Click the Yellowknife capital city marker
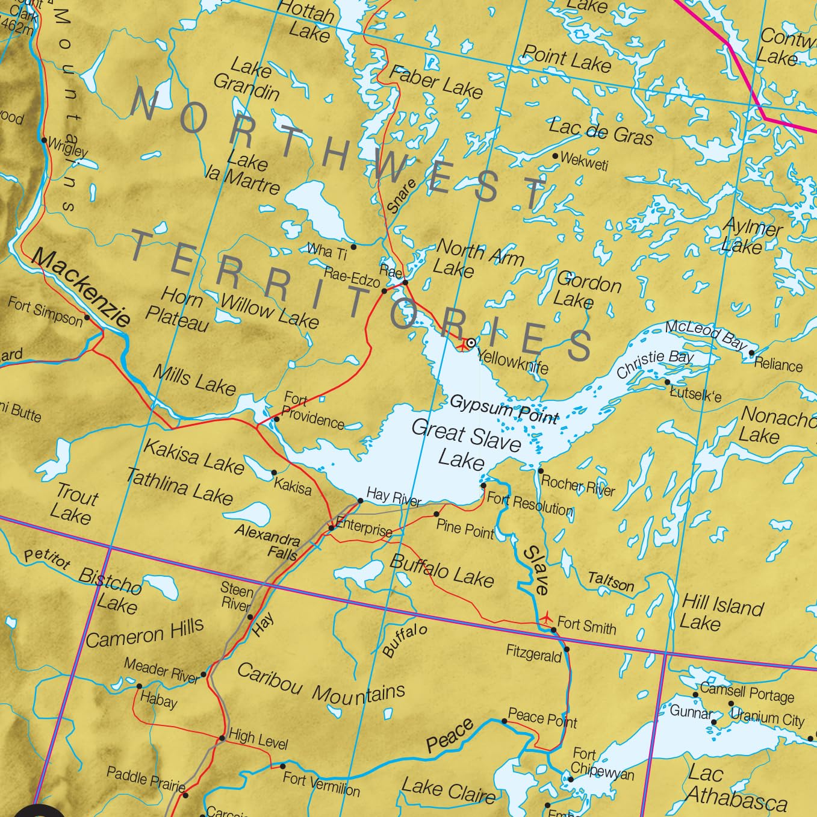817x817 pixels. [x=471, y=343]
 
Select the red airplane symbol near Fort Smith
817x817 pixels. [x=547, y=617]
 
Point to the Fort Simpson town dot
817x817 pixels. [x=87, y=317]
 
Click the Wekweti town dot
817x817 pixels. [x=555, y=156]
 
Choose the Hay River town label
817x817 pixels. [x=394, y=497]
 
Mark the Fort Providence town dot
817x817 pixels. [x=276, y=419]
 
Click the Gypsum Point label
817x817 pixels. [x=504, y=409]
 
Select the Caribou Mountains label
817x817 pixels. [x=321, y=685]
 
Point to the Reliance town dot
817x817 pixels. [x=751, y=354]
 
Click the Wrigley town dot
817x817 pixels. [x=44, y=140]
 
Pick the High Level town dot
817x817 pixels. [x=222, y=738]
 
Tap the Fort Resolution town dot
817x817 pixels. [x=483, y=485]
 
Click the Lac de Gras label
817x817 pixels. [x=600, y=132]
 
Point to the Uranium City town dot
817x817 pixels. [x=731, y=703]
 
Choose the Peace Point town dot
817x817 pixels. [x=505, y=721]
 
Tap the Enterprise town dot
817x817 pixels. [x=331, y=528]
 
